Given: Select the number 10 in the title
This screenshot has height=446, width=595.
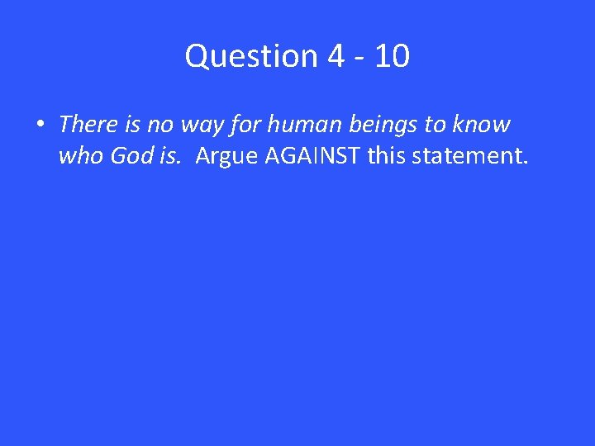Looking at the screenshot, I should click(391, 56).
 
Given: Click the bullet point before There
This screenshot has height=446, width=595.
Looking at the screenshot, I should click(40, 126).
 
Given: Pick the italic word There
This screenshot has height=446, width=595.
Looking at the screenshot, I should click(88, 125).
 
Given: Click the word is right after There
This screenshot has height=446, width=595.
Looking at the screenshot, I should click(130, 125).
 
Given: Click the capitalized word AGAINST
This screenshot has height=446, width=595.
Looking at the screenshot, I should click(312, 156).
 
